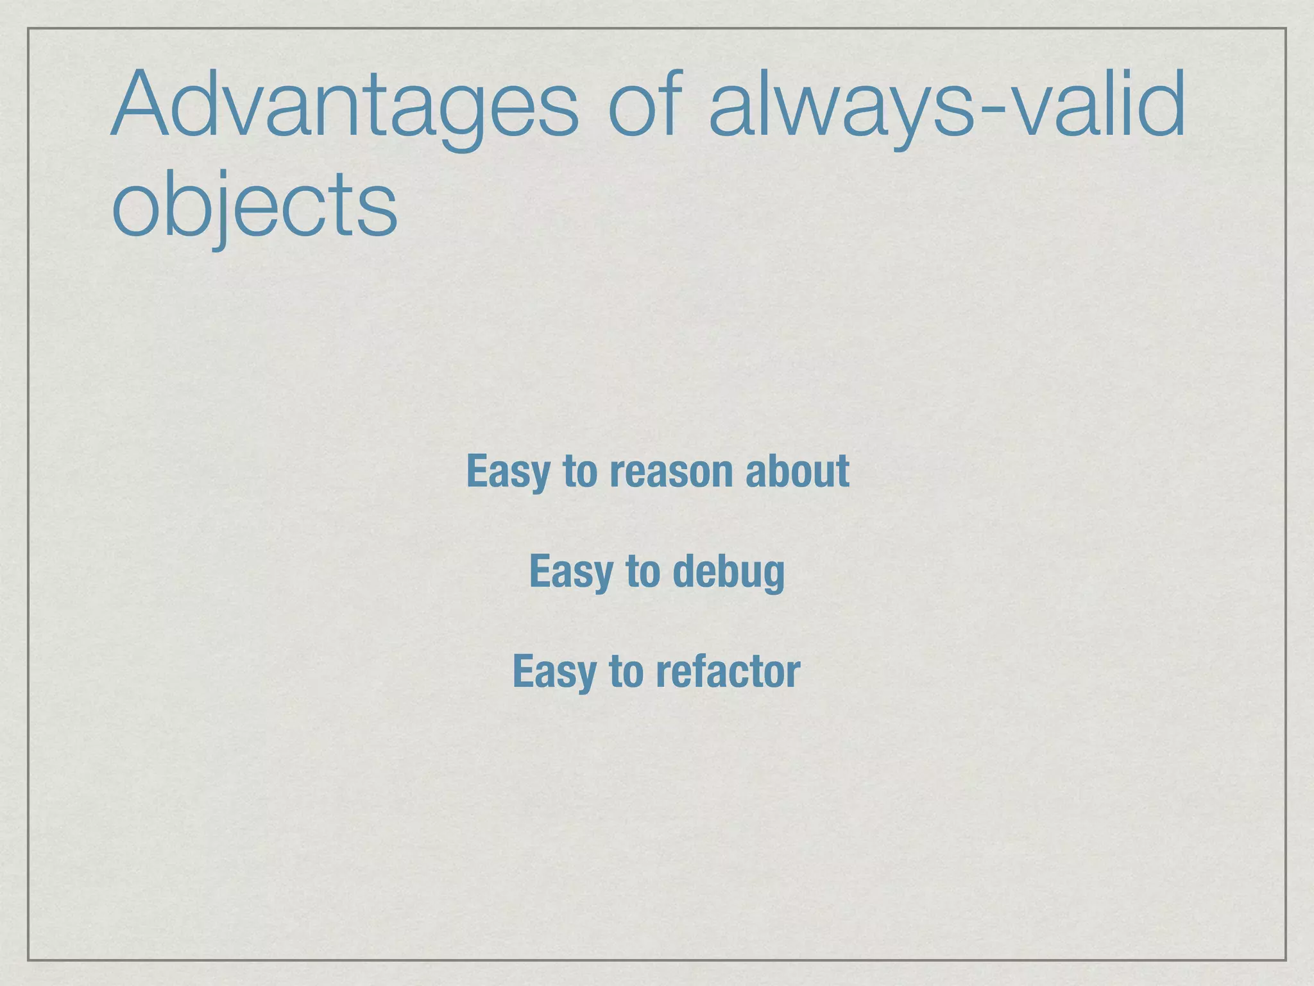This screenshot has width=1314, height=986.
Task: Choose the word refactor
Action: pos(728,671)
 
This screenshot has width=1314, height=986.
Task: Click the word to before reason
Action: pos(580,472)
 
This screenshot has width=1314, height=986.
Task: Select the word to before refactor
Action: pos(626,671)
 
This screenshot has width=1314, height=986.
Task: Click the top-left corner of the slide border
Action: pos(28,28)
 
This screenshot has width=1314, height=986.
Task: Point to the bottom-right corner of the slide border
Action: pos(1286,960)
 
